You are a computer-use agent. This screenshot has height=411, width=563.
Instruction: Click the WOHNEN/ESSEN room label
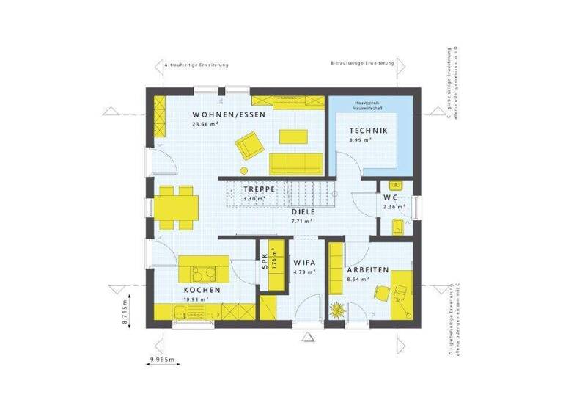click(x=228, y=115)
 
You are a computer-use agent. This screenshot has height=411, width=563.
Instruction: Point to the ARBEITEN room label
click(x=367, y=270)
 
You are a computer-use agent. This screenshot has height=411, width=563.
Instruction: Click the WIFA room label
click(x=304, y=262)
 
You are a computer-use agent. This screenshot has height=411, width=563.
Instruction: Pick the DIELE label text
click(x=303, y=211)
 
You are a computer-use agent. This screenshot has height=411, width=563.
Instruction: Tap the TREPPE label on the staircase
click(x=260, y=189)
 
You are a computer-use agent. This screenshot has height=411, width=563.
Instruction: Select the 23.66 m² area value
click(x=205, y=124)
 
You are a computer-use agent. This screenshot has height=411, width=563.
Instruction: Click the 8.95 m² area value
click(x=359, y=139)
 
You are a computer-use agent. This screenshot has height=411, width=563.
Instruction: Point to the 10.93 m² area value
click(x=196, y=299)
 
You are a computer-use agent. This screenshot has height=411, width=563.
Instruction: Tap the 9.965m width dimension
click(x=164, y=360)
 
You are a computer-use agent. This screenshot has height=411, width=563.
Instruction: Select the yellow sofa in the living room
click(x=295, y=161)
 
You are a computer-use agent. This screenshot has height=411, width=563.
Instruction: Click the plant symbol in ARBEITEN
click(x=338, y=310)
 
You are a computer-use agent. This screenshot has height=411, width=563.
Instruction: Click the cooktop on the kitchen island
click(x=202, y=274)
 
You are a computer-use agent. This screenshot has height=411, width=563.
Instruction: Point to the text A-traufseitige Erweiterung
click(x=197, y=65)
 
